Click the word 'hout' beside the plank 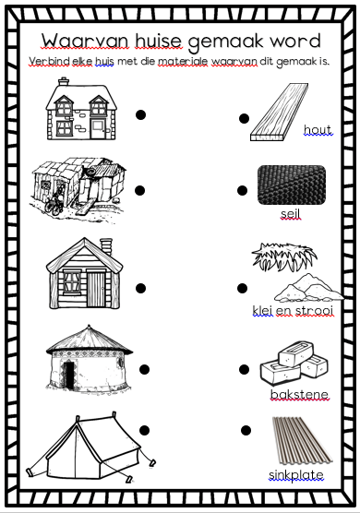coord(318,130)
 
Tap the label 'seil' coord(290,214)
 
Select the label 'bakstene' coord(299,394)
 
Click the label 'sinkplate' coord(296,475)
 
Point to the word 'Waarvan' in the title coord(85,41)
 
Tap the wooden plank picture coord(279,112)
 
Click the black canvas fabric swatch coord(292,185)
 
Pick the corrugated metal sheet coord(301,440)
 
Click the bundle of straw coord(283,256)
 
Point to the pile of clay coord(308,288)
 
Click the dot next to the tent coord(145,430)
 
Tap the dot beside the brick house coord(140,114)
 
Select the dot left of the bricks coord(244,369)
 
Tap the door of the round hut coord(70,376)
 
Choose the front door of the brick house coord(98,129)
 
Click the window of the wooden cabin coord(72,281)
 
